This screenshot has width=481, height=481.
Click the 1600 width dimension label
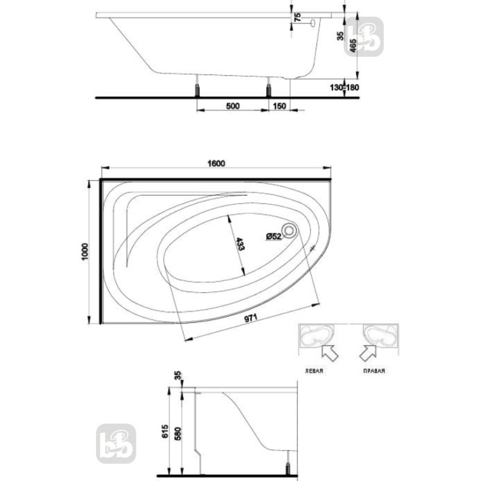216,163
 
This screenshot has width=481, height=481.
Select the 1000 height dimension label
85,251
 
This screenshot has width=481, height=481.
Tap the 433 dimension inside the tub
240,244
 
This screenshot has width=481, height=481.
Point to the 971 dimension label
251,318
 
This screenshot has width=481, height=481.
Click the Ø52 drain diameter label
274,236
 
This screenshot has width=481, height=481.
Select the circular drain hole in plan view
289,231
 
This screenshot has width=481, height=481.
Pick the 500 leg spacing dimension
233,106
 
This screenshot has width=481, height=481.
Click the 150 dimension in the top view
279,106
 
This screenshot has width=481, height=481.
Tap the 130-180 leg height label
344,87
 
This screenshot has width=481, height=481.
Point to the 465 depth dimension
353,46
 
